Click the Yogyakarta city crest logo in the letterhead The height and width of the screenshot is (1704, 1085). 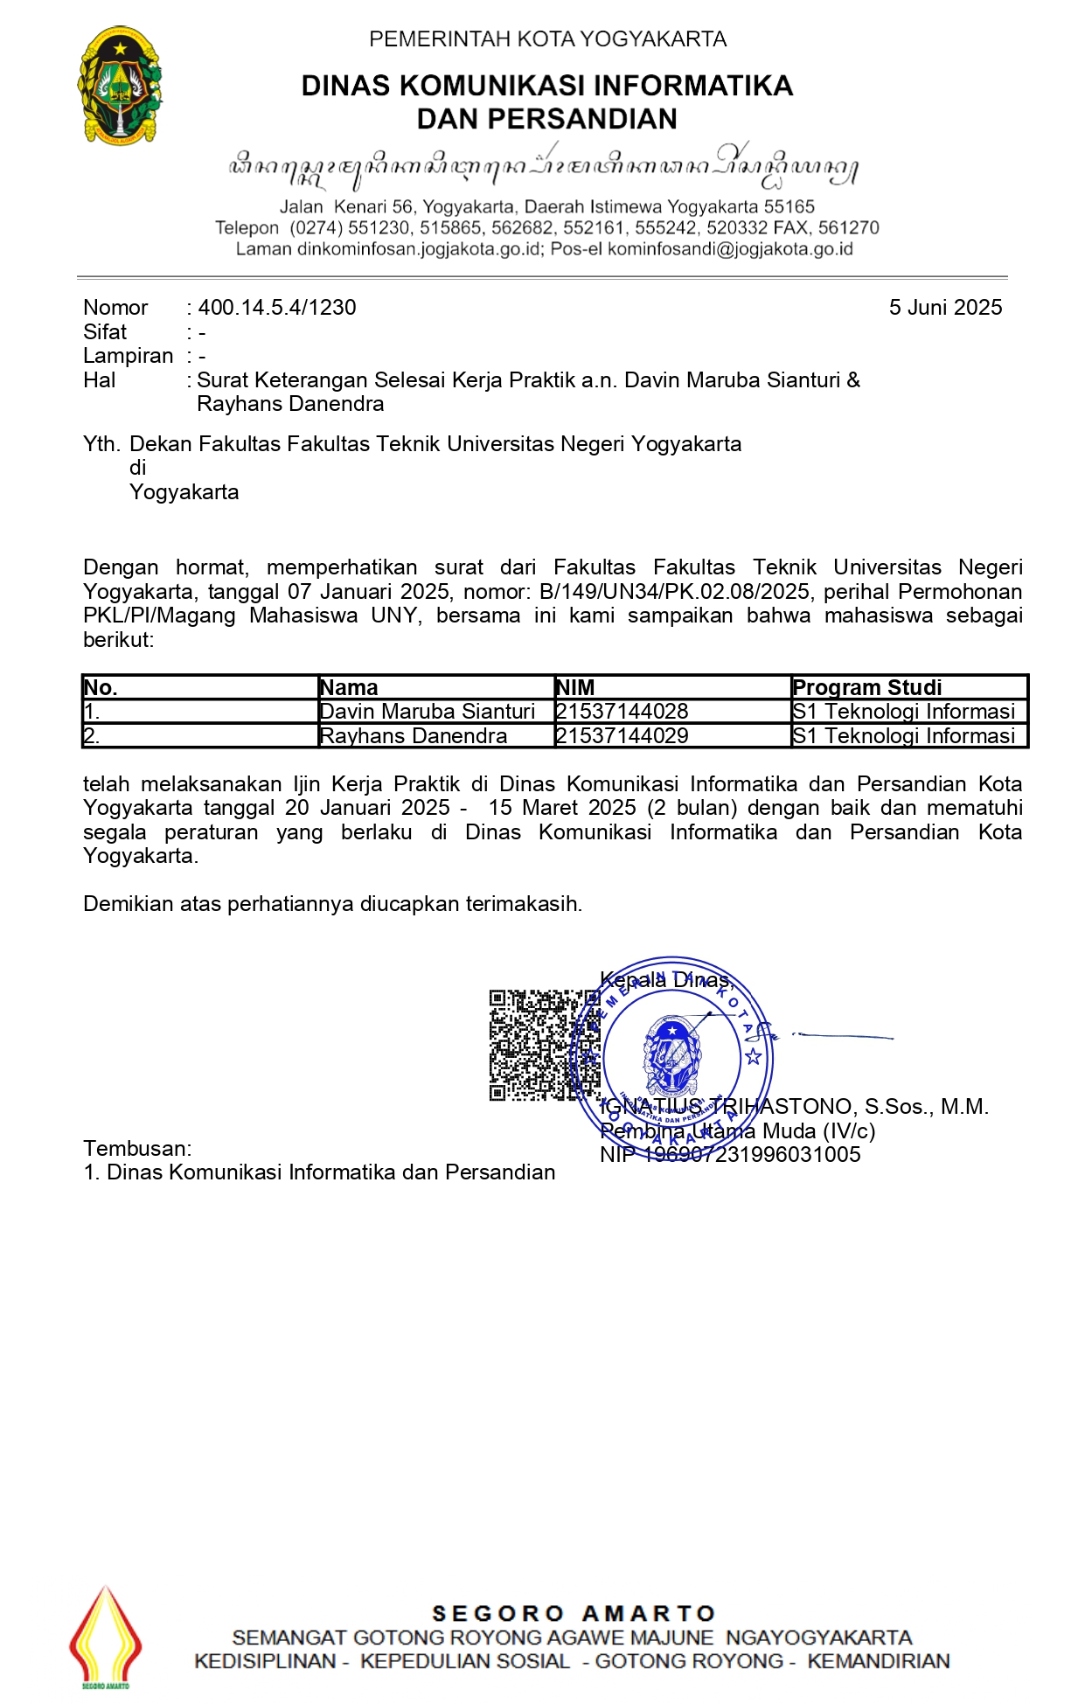point(120,85)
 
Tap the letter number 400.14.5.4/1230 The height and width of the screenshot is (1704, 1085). point(277,308)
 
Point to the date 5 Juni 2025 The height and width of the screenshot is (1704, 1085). point(945,308)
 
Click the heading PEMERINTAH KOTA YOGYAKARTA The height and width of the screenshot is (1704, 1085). point(547,39)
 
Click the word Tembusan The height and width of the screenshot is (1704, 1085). point(136,1149)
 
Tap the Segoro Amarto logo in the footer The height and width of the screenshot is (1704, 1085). point(106,1638)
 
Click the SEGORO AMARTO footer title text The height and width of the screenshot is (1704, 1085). point(574,1614)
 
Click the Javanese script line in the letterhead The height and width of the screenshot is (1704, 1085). point(542,168)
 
